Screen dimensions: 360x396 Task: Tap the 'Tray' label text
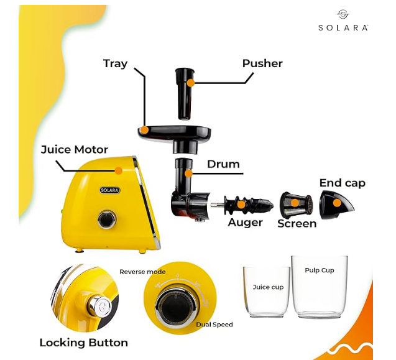click(115, 63)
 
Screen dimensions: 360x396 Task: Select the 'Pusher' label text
click(262, 63)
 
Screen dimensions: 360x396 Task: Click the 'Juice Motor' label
click(75, 150)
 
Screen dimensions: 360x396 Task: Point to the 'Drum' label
click(223, 164)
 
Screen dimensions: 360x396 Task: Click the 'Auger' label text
click(245, 222)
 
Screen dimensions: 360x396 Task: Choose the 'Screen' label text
click(297, 223)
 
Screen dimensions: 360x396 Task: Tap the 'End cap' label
click(342, 183)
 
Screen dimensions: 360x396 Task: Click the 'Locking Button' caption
click(83, 343)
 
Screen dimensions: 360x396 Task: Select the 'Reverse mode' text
click(142, 272)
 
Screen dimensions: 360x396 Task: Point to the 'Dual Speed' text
click(214, 325)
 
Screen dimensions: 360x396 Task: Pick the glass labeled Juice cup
click(267, 292)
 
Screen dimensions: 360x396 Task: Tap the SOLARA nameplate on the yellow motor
click(109, 190)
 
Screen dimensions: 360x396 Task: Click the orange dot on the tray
click(144, 131)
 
